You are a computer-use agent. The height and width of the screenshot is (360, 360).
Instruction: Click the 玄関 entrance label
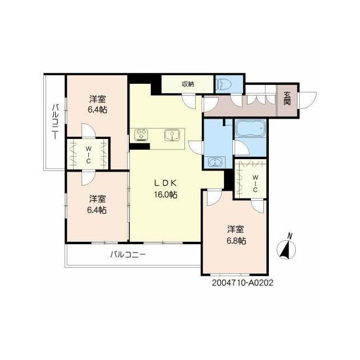(287, 98)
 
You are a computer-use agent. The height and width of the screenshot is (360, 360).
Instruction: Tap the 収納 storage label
(188, 84)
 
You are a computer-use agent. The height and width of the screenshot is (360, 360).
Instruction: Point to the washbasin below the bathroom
(215, 162)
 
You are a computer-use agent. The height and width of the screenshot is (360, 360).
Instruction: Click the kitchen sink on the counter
(172, 135)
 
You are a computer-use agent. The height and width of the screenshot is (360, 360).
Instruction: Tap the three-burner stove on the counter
(141, 134)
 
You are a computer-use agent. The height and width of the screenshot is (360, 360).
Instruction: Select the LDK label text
(165, 183)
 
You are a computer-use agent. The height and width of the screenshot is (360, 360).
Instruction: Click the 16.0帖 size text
(165, 195)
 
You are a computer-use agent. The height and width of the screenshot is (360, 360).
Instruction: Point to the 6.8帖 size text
(236, 241)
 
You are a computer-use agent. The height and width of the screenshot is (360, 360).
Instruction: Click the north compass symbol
(286, 250)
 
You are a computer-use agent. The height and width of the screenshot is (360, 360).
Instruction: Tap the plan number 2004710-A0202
(242, 282)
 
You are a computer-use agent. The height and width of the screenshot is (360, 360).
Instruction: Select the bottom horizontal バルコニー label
(128, 255)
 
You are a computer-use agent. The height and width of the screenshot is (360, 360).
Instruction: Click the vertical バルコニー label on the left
(55, 121)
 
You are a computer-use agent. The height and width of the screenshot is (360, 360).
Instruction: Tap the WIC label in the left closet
(88, 155)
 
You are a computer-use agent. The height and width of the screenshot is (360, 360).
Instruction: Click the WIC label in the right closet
(255, 184)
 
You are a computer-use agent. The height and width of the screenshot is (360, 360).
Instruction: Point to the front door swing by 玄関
(308, 100)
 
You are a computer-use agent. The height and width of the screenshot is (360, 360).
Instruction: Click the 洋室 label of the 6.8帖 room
(236, 229)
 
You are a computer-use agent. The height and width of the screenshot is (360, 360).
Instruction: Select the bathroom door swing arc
(242, 148)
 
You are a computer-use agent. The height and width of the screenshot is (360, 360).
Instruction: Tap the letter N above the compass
(290, 236)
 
